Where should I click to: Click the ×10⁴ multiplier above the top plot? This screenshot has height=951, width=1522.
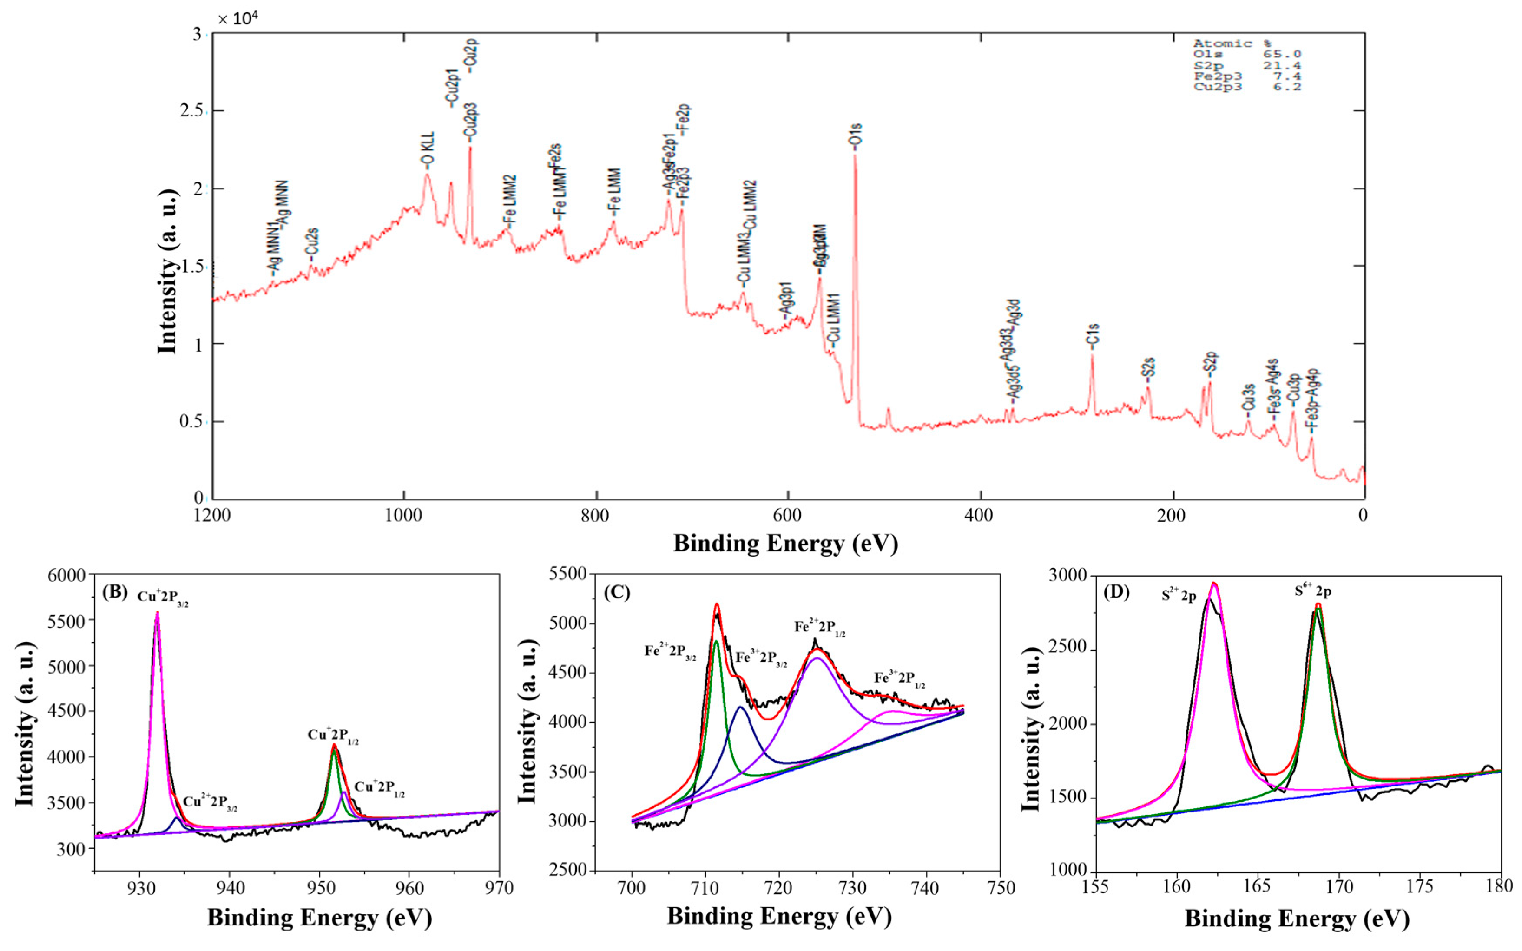pyautogui.click(x=237, y=19)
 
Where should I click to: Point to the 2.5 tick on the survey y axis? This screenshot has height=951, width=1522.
pyautogui.click(x=191, y=111)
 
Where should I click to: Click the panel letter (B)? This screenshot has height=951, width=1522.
pyautogui.click(x=115, y=592)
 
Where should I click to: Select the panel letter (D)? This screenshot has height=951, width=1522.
pyautogui.click(x=1117, y=592)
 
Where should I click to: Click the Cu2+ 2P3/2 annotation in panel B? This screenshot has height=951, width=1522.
pyautogui.click(x=210, y=803)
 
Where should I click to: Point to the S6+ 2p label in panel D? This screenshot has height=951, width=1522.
pyautogui.click(x=1313, y=591)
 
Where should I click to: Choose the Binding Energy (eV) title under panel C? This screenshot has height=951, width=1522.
pyautogui.click(x=780, y=916)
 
